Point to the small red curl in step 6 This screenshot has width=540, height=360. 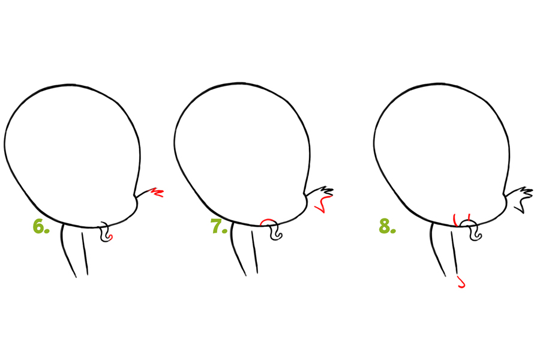click(111, 236)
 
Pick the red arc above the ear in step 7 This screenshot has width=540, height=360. click(268, 220)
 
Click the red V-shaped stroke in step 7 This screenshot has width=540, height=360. click(323, 204)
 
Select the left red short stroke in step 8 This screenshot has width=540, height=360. click(455, 220)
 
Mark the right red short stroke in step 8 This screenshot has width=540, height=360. click(469, 217)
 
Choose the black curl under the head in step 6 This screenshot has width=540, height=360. click(104, 233)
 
